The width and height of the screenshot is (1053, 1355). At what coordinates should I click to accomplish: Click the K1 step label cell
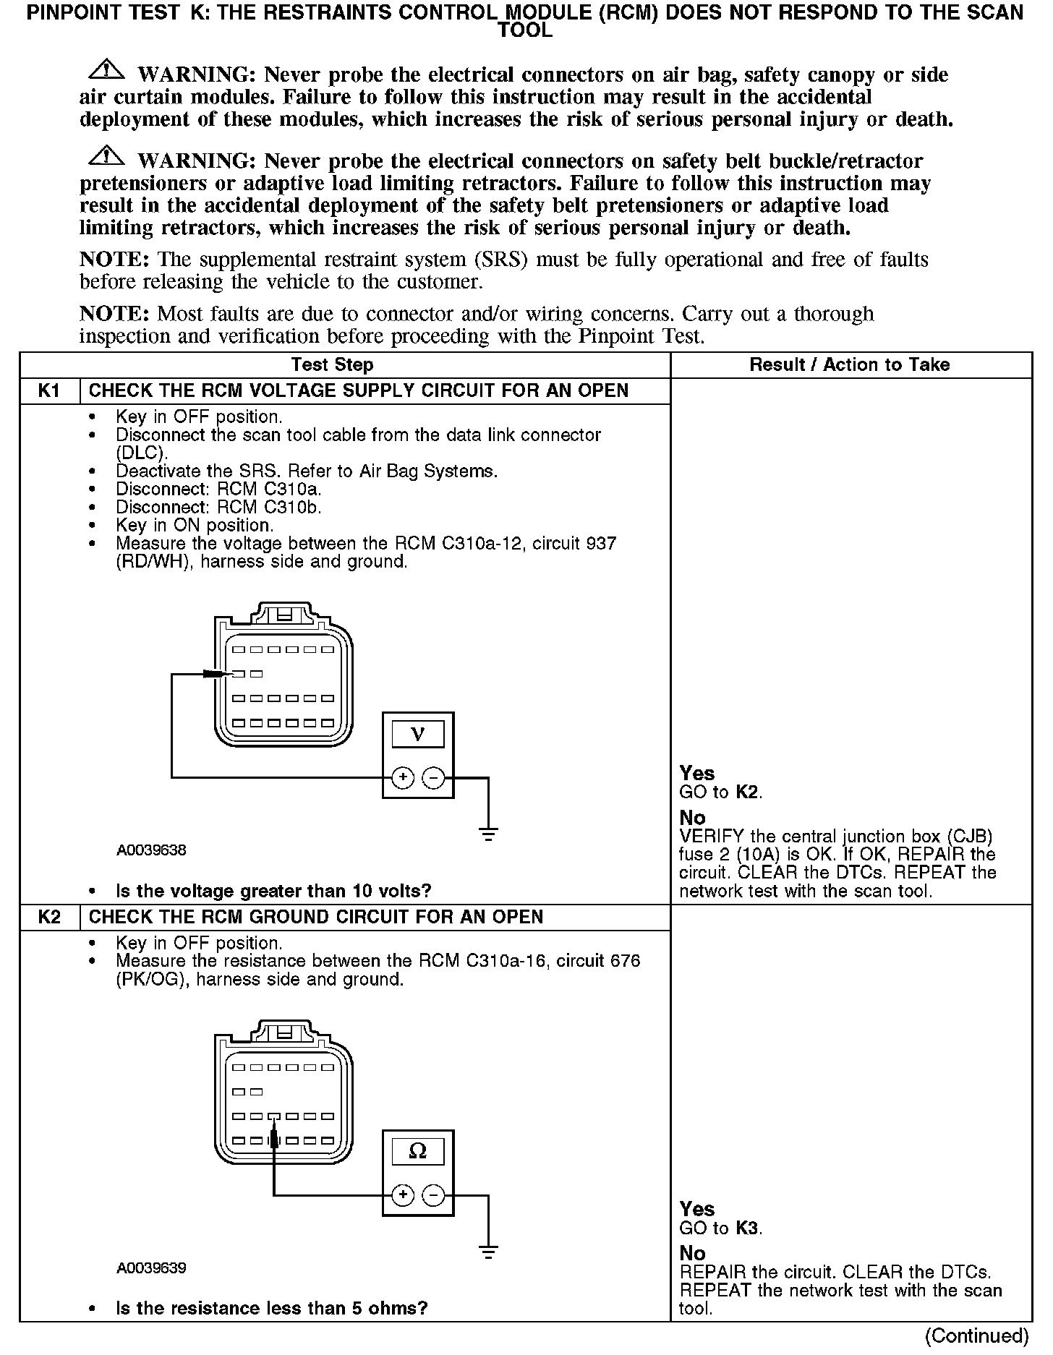[49, 391]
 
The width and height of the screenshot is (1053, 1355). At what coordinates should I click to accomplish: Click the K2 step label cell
[49, 917]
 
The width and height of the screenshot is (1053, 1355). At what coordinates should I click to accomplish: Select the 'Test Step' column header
[332, 365]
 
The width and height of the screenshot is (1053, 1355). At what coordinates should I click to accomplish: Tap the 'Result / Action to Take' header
[850, 365]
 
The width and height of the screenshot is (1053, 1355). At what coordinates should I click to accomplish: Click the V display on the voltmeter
[418, 735]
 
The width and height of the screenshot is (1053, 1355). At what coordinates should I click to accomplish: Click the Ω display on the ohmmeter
[418, 1151]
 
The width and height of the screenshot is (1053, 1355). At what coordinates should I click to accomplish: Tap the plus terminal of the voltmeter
[403, 778]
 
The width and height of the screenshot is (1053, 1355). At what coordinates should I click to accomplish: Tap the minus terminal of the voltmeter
[433, 778]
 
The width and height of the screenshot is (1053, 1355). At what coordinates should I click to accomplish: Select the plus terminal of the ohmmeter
[403, 1195]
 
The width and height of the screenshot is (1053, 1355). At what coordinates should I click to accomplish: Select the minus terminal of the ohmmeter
[433, 1195]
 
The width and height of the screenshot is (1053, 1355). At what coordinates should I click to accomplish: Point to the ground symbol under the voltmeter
[489, 834]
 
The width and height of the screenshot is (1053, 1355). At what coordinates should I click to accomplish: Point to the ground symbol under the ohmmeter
[489, 1252]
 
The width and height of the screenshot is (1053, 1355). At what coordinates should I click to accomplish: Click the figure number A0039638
[151, 850]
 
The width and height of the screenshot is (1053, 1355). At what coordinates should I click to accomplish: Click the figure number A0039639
[151, 1268]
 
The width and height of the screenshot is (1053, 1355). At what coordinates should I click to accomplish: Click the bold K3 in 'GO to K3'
[747, 1228]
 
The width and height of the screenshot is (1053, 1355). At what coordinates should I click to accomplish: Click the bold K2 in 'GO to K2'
[747, 792]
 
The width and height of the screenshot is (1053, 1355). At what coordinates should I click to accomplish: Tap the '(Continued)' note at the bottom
[976, 1335]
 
